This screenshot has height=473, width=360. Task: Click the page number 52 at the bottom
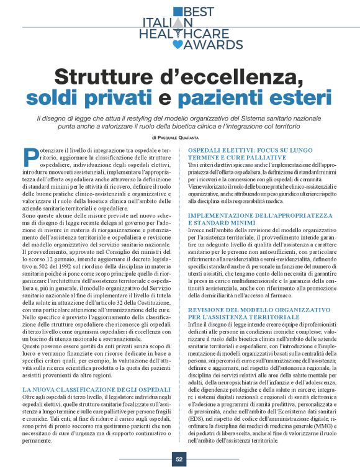[x=179, y=459]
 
